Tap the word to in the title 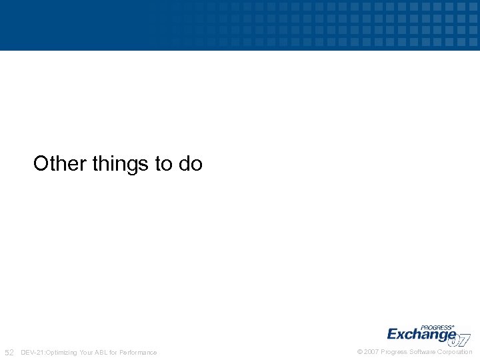[164, 163]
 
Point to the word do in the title [191, 163]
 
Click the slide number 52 [9, 352]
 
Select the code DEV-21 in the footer [32, 352]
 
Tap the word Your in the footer [87, 352]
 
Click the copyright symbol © [360, 352]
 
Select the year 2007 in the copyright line [371, 352]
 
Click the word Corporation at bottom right [455, 352]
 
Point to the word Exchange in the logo [421, 335]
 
